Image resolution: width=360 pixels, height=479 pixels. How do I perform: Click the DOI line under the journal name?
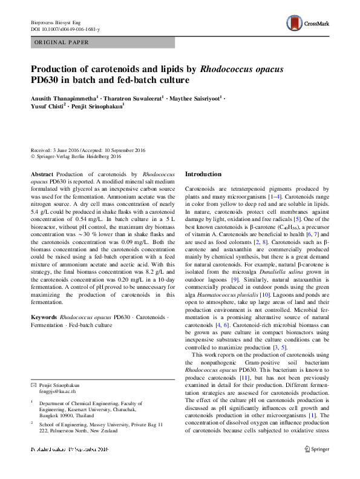click(65, 29)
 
